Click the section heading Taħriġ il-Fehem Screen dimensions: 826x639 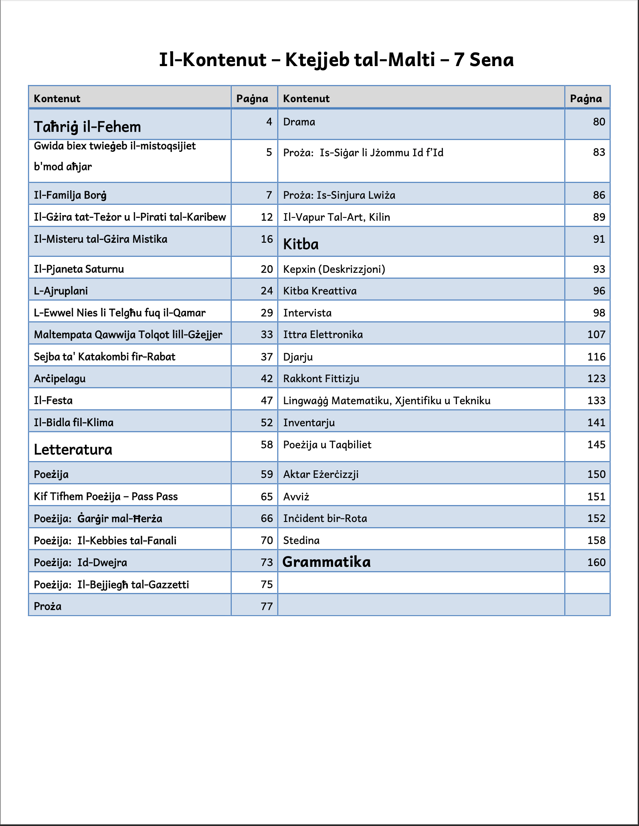click(x=87, y=127)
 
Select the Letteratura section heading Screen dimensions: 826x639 click(x=73, y=449)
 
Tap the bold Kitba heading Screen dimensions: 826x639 click(x=301, y=244)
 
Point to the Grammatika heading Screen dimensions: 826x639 click(x=326, y=562)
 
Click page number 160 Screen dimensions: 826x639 click(x=596, y=562)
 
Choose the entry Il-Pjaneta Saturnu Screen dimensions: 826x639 click(x=79, y=269)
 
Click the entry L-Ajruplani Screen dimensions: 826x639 click(x=61, y=291)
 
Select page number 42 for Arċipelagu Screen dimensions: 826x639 click(x=267, y=379)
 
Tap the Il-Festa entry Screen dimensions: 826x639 click(x=53, y=401)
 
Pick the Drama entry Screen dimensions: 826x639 click(x=299, y=122)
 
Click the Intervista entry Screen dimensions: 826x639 click(x=307, y=313)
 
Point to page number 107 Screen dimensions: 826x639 click(x=596, y=334)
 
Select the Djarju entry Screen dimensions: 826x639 click(x=298, y=357)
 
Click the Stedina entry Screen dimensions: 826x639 click(x=301, y=540)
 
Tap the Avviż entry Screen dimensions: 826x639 click(x=296, y=497)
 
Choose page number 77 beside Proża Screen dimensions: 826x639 click(x=267, y=606)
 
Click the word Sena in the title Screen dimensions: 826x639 click(x=491, y=60)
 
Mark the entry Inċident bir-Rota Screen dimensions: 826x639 click(x=325, y=518)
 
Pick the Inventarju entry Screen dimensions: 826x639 click(x=309, y=423)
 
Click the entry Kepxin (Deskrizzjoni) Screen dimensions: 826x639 click(x=334, y=269)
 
